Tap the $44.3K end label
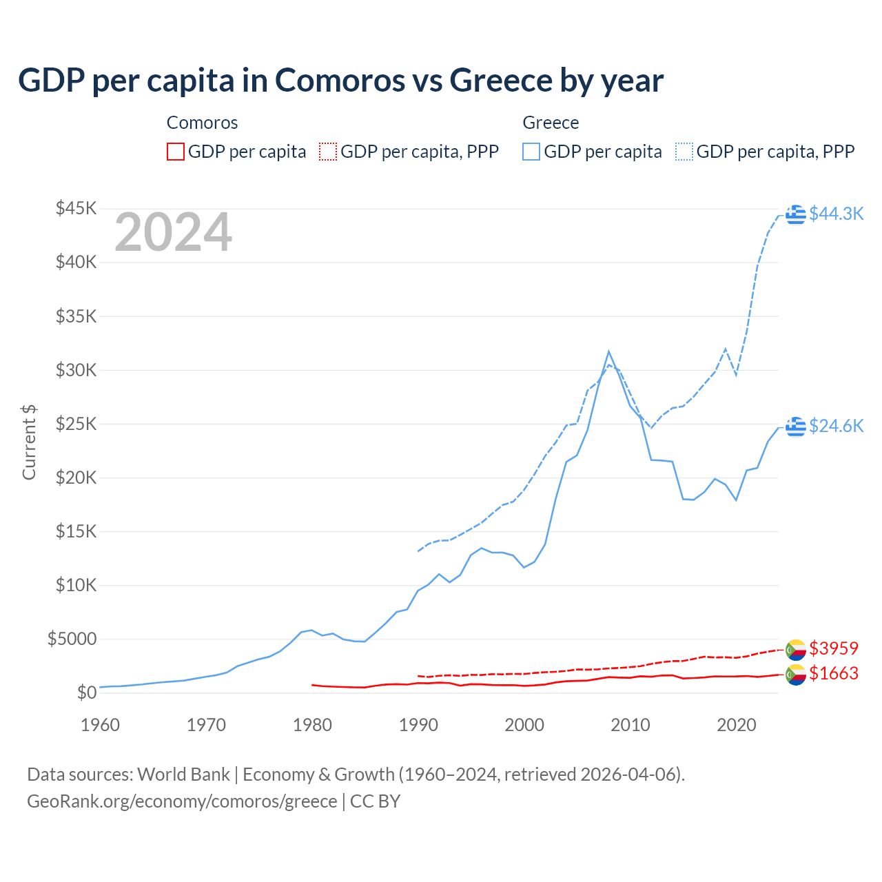click(836, 214)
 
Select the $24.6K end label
click(836, 427)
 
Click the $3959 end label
click(834, 649)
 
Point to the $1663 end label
click(834, 674)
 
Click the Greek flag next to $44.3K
click(796, 214)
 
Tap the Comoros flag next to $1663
click(796, 675)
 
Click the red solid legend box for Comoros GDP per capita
click(176, 152)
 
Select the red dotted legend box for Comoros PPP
click(328, 152)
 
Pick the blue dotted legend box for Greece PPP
click(684, 152)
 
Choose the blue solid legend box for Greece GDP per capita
click(531, 152)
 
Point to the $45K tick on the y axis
click(76, 208)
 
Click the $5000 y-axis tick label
click(72, 639)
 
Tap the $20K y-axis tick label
click(76, 478)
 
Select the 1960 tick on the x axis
click(101, 725)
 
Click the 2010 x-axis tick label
click(630, 725)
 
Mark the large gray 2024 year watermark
click(173, 233)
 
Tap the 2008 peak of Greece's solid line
click(608, 351)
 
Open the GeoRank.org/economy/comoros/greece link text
click(182, 801)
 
